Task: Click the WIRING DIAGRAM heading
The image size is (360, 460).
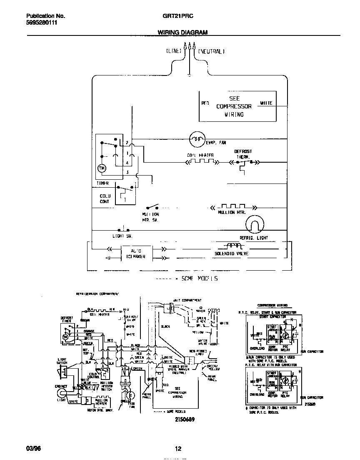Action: tap(182, 32)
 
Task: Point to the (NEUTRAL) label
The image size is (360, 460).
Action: tap(211, 52)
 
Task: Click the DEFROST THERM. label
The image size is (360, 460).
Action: tap(243, 154)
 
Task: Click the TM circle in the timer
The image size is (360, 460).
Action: tap(102, 168)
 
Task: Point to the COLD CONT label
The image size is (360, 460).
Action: tap(105, 199)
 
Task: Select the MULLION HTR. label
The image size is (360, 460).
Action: tap(232, 212)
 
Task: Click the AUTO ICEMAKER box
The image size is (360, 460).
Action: tap(136, 254)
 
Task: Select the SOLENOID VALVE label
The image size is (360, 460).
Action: tap(231, 253)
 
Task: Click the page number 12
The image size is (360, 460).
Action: tap(178, 449)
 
